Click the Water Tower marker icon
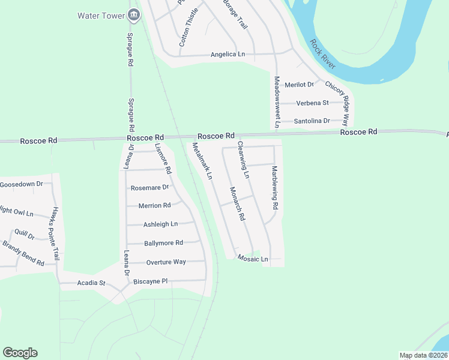pyautogui.click(x=133, y=16)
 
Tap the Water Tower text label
pyautogui.click(x=101, y=15)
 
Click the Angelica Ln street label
pyautogui.click(x=228, y=55)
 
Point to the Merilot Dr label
pyautogui.click(x=299, y=85)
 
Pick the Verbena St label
pyautogui.click(x=312, y=103)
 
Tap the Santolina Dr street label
pyautogui.click(x=312, y=121)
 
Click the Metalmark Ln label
pyautogui.click(x=202, y=161)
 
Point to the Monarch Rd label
pyautogui.click(x=238, y=203)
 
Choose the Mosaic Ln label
pyautogui.click(x=252, y=259)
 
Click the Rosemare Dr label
pyautogui.click(x=150, y=188)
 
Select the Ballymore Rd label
pyautogui.click(x=163, y=243)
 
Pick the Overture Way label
pyautogui.click(x=166, y=262)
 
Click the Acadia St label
pyautogui.click(x=91, y=283)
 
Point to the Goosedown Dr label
pyautogui.click(x=22, y=184)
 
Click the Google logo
pyautogui.click(x=20, y=353)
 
